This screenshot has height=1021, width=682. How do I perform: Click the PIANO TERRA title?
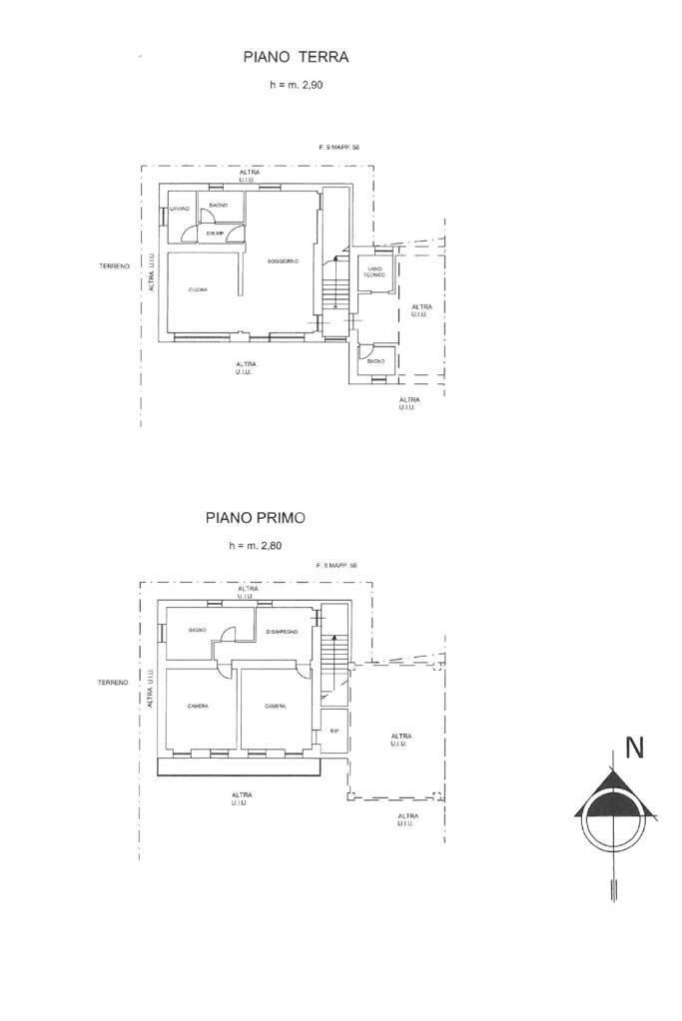pyautogui.click(x=296, y=58)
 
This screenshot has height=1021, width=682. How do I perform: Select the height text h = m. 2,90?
pyautogui.click(x=296, y=86)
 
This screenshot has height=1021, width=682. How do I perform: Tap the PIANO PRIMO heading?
pyautogui.click(x=256, y=517)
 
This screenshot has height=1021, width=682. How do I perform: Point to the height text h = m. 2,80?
pyautogui.click(x=256, y=546)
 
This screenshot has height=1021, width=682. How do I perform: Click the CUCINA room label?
pyautogui.click(x=198, y=289)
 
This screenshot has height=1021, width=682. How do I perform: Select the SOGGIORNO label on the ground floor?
pyautogui.click(x=283, y=261)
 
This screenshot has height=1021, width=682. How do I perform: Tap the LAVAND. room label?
pyautogui.click(x=180, y=208)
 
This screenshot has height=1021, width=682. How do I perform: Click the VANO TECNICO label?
pyautogui.click(x=375, y=272)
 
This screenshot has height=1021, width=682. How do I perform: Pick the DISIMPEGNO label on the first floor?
pyautogui.click(x=283, y=631)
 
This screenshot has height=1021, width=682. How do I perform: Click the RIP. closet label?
pyautogui.click(x=334, y=732)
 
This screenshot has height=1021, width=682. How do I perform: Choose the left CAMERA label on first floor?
pyautogui.click(x=198, y=707)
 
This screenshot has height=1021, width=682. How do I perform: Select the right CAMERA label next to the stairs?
pyautogui.click(x=276, y=707)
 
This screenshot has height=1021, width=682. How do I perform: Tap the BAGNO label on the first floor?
pyautogui.click(x=197, y=631)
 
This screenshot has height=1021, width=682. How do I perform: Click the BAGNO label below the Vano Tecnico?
pyautogui.click(x=376, y=374)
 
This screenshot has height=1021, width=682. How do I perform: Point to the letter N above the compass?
pyautogui.click(x=633, y=748)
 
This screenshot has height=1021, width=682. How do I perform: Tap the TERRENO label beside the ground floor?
pyautogui.click(x=114, y=266)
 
